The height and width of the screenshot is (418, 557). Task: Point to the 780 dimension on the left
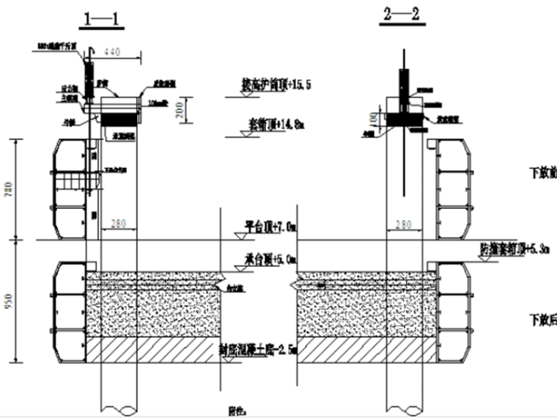(9, 191)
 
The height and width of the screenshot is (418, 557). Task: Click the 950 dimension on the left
(9, 300)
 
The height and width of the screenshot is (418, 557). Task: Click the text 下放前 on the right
(543, 174)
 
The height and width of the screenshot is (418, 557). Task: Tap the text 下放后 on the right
(543, 320)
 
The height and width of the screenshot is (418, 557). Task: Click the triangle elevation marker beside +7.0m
(238, 235)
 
